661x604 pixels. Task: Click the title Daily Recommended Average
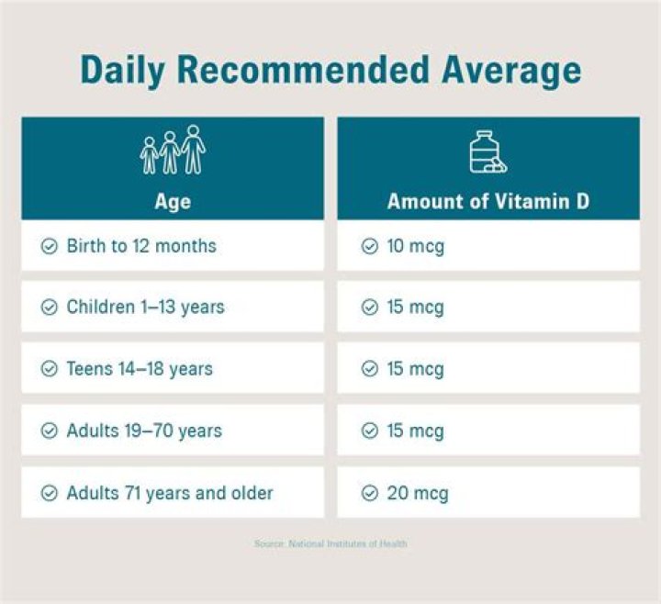click(330, 71)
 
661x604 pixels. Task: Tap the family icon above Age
click(173, 150)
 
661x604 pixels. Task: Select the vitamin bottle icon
click(487, 151)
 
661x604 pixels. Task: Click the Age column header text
click(173, 201)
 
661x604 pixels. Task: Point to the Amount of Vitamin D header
click(488, 201)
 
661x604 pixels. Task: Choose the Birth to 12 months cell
click(141, 246)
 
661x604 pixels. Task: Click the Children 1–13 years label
click(144, 308)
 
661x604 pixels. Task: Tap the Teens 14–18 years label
click(140, 369)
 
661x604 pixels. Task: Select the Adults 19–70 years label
click(144, 431)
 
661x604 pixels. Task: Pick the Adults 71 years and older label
click(170, 493)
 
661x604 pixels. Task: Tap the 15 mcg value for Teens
click(414, 369)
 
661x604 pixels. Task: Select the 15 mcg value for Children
click(414, 308)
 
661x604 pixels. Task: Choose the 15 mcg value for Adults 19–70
click(414, 431)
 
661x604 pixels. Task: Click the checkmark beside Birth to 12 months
click(50, 246)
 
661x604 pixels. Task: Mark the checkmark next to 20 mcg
click(369, 493)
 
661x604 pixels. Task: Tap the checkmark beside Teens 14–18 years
click(50, 369)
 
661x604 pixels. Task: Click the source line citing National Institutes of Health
click(330, 544)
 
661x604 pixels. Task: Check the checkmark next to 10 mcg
click(369, 246)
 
